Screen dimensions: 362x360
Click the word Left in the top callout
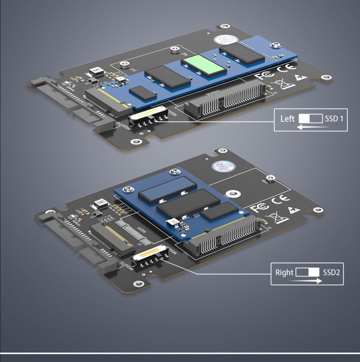click(x=287, y=119)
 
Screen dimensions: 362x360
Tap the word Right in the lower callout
click(x=285, y=272)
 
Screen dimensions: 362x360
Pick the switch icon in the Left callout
click(x=310, y=119)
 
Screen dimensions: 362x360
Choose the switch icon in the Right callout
click(x=308, y=272)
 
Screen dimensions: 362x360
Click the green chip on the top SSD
click(x=204, y=65)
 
